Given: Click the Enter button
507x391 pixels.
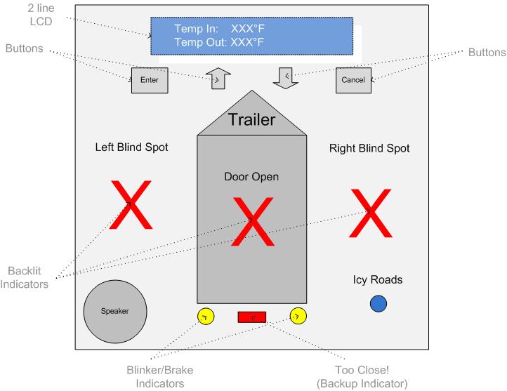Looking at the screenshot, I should point(150,80).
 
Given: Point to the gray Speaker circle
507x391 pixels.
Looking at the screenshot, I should point(115,311).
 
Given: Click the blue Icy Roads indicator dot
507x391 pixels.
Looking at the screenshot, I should point(378,303).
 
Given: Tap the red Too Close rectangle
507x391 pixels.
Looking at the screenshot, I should point(251,316).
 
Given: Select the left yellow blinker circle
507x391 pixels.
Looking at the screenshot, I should point(206,317).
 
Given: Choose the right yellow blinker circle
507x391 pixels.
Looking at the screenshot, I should point(298,316).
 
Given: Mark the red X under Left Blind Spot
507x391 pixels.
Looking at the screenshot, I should point(131,206).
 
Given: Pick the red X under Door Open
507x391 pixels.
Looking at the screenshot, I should point(251,221).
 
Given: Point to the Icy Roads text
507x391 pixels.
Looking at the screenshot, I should point(378,279).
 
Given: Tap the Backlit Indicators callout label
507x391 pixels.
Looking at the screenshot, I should point(27,277).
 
